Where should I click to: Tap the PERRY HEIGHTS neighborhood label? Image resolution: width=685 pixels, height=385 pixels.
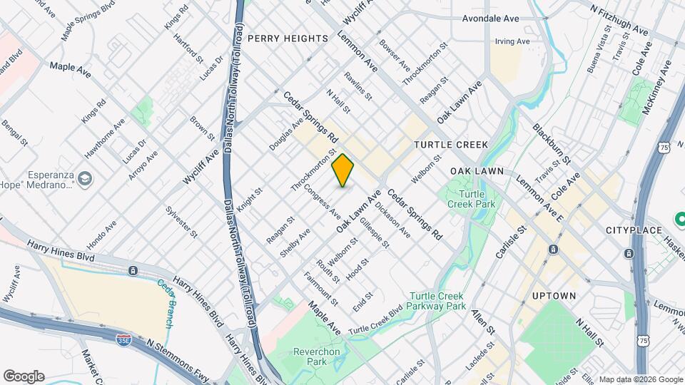pos(288,38)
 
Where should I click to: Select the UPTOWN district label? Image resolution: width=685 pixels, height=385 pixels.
pos(554,295)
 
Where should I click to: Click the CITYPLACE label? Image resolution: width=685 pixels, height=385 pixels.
pos(634,230)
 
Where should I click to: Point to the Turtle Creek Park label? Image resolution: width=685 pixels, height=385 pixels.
pos(472,199)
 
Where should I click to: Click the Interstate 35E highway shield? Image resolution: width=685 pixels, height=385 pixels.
pos(123,341)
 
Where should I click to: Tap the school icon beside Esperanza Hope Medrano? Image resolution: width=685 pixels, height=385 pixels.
pos(86,178)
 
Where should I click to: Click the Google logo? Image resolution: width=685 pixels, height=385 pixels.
pos(24,376)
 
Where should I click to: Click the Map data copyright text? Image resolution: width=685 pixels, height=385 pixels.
pos(640,379)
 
